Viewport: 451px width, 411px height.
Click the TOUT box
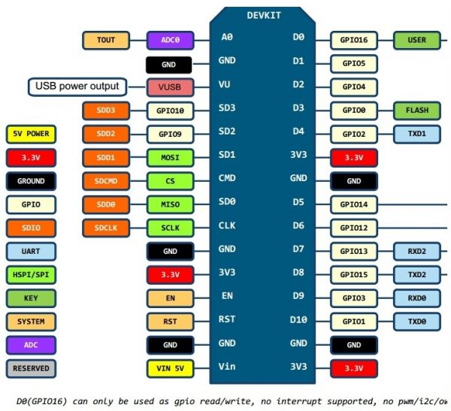tap(106, 40)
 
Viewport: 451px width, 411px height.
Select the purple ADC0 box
tap(170, 40)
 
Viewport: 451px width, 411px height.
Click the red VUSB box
tap(170, 87)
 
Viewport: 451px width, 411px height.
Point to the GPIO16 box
tap(353, 40)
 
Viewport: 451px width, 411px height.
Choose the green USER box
tap(416, 40)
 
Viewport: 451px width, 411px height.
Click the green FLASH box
tap(416, 110)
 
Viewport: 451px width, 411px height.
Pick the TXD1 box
tap(416, 134)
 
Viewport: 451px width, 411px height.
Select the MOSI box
tap(170, 157)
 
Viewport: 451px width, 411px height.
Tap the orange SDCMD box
tap(106, 180)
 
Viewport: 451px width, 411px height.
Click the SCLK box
tap(170, 227)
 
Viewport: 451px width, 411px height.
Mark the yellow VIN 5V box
tap(170, 368)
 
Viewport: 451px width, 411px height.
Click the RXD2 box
tap(416, 251)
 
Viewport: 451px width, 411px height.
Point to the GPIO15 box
tap(353, 274)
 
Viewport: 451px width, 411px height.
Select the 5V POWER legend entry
tap(31, 134)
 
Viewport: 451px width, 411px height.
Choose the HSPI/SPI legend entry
tap(31, 275)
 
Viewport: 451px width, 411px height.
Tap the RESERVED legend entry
tap(31, 368)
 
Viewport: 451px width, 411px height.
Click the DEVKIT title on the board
tap(262, 15)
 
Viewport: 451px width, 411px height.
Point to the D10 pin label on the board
tap(299, 321)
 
